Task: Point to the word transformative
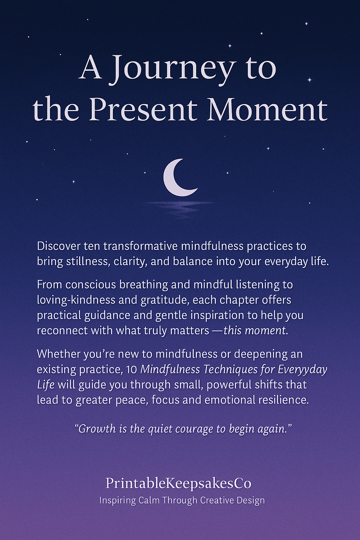coord(140,246)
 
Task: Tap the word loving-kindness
coord(76,300)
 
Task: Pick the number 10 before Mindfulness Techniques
coord(131,369)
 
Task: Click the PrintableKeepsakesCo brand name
coord(179,483)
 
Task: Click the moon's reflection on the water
coord(180,207)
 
